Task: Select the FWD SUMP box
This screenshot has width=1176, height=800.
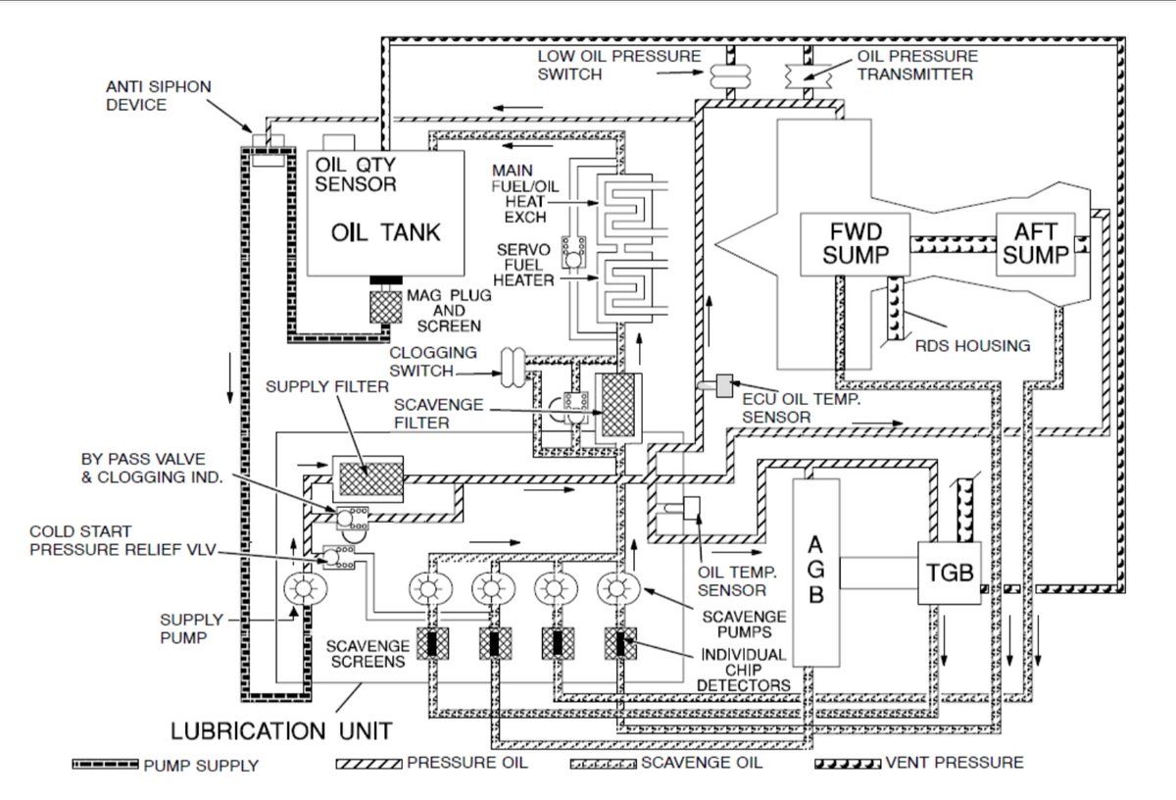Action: [x=856, y=243]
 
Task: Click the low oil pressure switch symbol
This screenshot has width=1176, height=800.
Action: [x=728, y=75]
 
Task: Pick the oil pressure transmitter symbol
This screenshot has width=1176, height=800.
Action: [x=803, y=75]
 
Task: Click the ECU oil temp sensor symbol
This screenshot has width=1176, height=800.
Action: [x=726, y=386]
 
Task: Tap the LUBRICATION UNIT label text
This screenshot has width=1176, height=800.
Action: [x=282, y=730]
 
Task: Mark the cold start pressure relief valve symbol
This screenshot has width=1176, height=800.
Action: [x=338, y=559]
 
